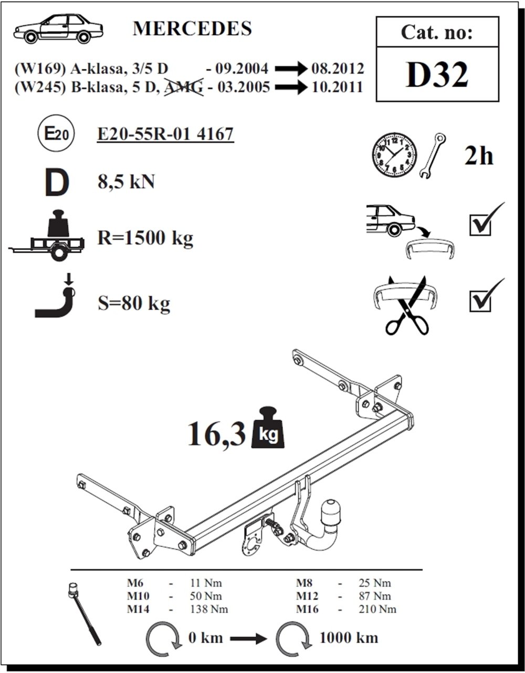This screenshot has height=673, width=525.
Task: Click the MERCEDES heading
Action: coord(192,29)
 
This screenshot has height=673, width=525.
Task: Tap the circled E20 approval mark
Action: coord(56,134)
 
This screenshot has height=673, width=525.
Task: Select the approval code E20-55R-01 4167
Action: coord(165,134)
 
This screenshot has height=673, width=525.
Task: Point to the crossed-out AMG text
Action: coord(183,87)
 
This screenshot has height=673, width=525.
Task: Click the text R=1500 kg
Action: coord(145,238)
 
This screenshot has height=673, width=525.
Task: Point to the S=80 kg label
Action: coord(134,304)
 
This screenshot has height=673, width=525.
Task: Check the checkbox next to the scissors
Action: coord(480,300)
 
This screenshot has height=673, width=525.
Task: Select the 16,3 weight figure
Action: coord(216,434)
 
